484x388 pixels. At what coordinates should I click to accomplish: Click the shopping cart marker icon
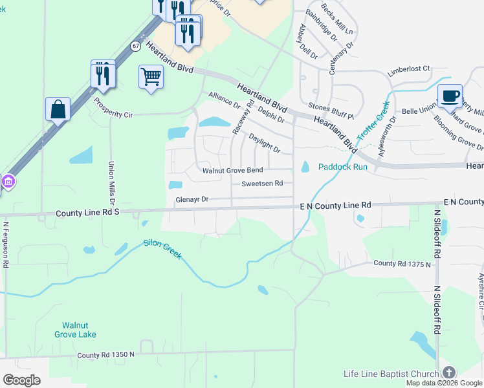151,77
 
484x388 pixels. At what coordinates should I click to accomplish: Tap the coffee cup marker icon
450,96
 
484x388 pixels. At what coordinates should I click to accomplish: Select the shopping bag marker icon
58,109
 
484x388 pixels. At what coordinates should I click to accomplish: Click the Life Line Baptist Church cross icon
448,372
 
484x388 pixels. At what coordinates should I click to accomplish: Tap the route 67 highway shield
135,46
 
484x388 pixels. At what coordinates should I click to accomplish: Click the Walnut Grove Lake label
79,330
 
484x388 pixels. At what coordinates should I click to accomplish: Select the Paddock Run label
342,167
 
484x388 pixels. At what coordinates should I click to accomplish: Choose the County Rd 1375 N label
401,263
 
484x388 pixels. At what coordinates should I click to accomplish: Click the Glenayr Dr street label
192,200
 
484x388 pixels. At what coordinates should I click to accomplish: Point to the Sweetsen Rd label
262,184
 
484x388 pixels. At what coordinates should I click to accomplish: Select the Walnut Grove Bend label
232,171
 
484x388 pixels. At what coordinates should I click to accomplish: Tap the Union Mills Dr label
111,182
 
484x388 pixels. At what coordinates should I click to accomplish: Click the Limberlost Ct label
408,69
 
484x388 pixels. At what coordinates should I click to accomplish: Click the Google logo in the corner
21,380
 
